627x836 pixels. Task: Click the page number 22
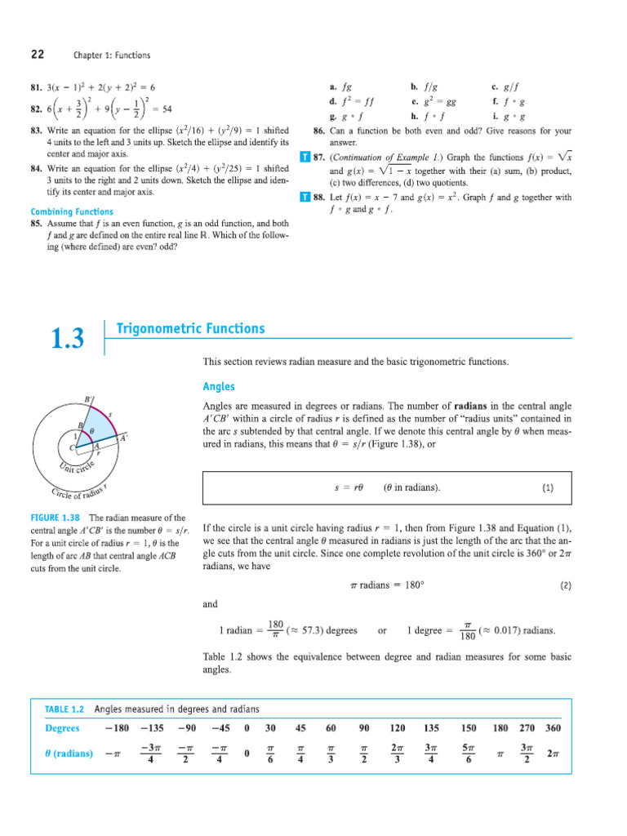tap(38, 55)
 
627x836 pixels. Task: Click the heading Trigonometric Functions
tap(191, 329)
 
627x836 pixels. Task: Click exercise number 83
tap(37, 131)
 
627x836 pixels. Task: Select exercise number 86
tap(320, 131)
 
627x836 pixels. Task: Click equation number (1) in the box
tap(546, 488)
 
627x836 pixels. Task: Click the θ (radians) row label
tap(69, 753)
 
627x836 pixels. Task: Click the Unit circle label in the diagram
tap(78, 469)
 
